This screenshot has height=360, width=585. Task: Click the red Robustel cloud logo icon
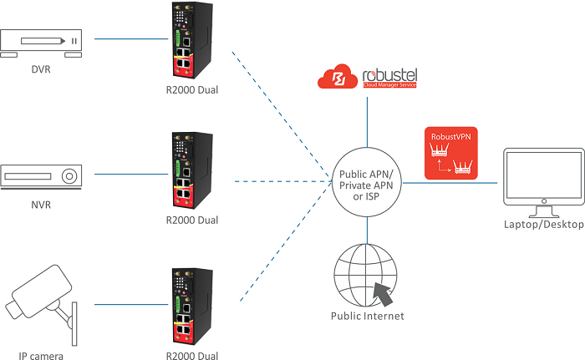[338, 78]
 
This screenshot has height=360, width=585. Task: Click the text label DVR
[39, 69]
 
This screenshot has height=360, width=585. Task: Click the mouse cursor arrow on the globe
[384, 293]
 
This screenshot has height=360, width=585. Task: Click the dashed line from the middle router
[276, 180]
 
